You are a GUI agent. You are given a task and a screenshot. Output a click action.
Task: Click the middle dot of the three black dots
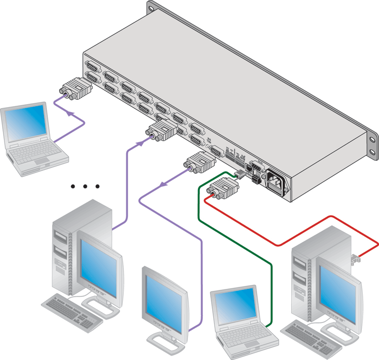tap(85, 186)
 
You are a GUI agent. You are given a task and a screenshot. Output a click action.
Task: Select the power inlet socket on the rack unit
tap(277, 181)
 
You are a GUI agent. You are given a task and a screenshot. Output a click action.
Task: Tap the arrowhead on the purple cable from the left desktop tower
tap(140, 142)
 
